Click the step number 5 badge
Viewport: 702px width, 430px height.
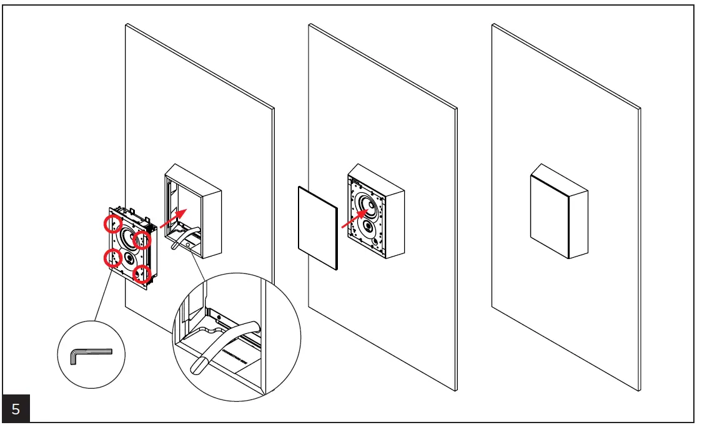[x=16, y=410]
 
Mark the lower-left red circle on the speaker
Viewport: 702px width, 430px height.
[x=112, y=257]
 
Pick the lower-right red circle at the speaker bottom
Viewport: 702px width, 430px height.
[x=142, y=273]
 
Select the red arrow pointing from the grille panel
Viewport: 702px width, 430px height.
[x=355, y=219]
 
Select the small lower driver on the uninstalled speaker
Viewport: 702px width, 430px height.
[x=129, y=257]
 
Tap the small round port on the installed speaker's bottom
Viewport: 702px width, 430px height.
[x=373, y=241]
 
